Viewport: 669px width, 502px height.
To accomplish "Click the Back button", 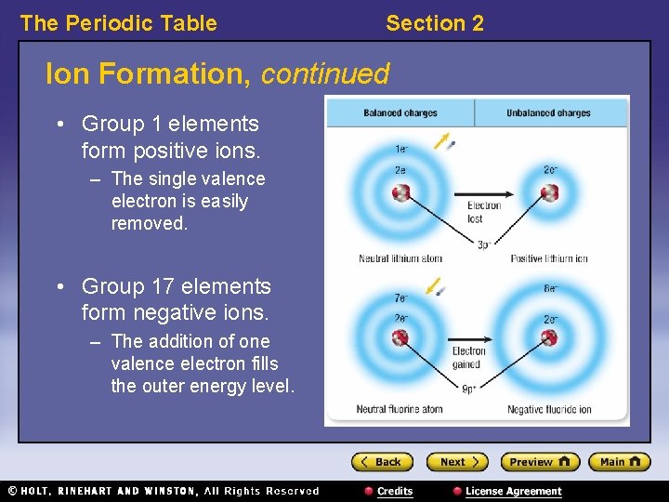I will pyautogui.click(x=381, y=462).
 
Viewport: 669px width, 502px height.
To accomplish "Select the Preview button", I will pyautogui.click(x=540, y=462).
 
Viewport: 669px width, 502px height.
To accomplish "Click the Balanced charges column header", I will pyautogui.click(x=400, y=113).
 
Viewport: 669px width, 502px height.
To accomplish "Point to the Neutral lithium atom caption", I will pyautogui.click(x=400, y=258).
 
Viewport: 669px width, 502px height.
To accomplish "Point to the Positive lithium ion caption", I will pyautogui.click(x=549, y=258).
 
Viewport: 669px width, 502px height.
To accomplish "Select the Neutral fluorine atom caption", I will pyautogui.click(x=400, y=409).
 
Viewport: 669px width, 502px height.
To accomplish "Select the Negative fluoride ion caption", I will pyautogui.click(x=549, y=409).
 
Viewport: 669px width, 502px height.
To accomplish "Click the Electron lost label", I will pyautogui.click(x=483, y=212).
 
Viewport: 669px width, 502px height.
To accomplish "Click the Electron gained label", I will pyautogui.click(x=468, y=358).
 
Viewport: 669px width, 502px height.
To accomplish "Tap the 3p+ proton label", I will pyautogui.click(x=483, y=245).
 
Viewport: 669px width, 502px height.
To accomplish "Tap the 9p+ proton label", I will pyautogui.click(x=469, y=390).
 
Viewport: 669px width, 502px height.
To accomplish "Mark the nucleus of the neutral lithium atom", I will pyautogui.click(x=400, y=193).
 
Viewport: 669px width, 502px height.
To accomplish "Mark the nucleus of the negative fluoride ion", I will pyautogui.click(x=549, y=337).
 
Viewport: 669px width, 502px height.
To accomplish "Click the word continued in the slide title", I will pyautogui.click(x=324, y=73).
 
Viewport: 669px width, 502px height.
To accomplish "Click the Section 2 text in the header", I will pyautogui.click(x=434, y=23).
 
